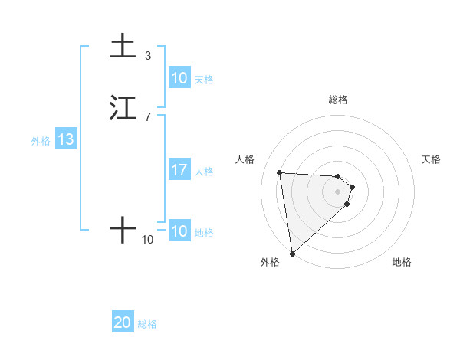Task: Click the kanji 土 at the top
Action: (123, 47)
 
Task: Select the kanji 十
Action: (123, 230)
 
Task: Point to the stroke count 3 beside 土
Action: (148, 55)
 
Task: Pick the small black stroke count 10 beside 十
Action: (148, 240)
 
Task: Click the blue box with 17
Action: (179, 170)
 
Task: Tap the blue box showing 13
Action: (66, 140)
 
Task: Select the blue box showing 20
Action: (123, 322)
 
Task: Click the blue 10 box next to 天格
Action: (179, 78)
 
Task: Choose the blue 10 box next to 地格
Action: (179, 231)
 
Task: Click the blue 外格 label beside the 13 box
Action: (41, 141)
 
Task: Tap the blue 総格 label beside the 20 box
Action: (147, 324)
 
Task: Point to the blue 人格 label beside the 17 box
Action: (205, 171)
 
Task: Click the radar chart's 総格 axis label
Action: (338, 100)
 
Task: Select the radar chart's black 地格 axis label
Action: (402, 262)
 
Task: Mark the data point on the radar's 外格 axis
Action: (292, 253)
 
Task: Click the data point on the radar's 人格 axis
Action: (280, 172)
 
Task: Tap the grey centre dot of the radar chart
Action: (338, 191)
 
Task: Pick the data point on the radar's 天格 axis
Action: (353, 186)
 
